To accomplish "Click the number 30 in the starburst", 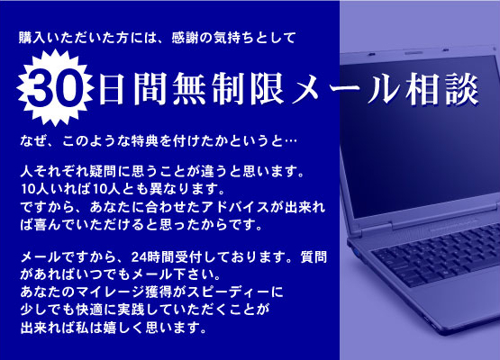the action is click(54, 88).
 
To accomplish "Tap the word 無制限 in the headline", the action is click(228, 88).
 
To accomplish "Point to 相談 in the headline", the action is click(442, 88).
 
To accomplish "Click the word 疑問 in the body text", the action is click(103, 172).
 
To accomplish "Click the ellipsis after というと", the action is click(290, 141).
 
